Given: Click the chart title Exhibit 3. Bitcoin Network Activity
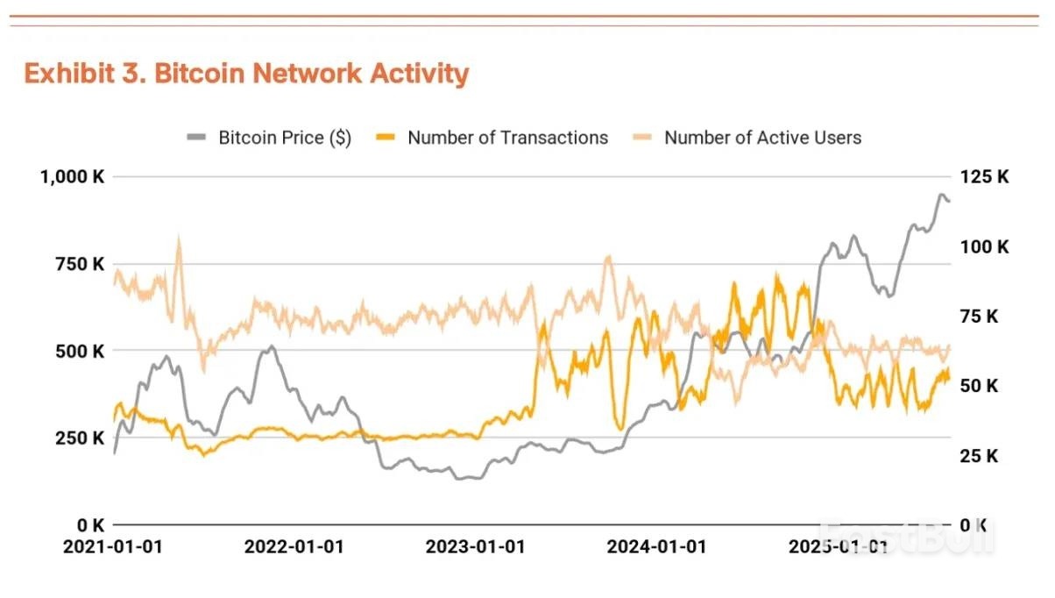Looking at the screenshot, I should coord(246,74).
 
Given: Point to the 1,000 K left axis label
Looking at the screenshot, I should coord(72,176).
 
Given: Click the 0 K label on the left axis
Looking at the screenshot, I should coord(90,525).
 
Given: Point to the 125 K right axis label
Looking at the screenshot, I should coord(985,176).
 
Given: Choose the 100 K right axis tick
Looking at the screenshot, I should coord(985,246).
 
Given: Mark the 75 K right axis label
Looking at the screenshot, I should coord(980,316).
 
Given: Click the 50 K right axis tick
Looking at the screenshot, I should coord(980,386).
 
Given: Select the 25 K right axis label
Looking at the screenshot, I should coord(980,455).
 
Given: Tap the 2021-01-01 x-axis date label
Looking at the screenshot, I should coord(114,547).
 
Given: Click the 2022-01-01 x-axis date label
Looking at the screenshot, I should coord(294,547).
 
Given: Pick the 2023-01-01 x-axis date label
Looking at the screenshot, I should coord(474,547).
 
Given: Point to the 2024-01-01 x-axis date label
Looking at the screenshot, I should coord(655,547).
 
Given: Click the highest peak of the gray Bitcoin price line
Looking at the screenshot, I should coord(942,195).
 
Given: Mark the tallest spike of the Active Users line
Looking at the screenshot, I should coord(179,237).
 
